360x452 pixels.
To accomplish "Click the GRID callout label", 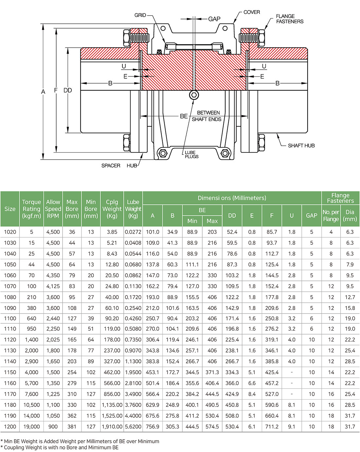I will tap(140, 15).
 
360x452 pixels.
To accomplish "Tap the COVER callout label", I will tap(252, 12).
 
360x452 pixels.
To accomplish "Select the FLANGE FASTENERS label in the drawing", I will tap(289, 19).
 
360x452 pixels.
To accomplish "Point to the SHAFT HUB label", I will tap(301, 146).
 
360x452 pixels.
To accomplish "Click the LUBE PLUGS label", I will tap(191, 154).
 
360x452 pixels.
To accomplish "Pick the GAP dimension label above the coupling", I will tap(214, 19).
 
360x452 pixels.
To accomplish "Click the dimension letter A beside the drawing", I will tap(43, 92).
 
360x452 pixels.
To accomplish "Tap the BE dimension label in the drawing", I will tap(184, 116).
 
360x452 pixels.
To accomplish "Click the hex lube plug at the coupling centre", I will tap(194, 95).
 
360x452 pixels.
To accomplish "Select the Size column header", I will tap(10, 209).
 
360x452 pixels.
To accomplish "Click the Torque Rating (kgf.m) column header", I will tap(31, 209).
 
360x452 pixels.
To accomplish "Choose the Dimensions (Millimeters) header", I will tap(232, 198).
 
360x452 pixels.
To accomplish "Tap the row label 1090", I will tap(10, 308).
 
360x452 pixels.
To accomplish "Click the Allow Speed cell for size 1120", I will tap(53, 340).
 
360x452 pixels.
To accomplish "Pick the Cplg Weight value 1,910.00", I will tap(112, 427).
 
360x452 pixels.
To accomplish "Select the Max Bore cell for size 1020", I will tap(72, 232).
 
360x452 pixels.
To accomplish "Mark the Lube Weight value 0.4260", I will tap(133, 318).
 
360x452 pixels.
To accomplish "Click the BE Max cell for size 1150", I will tap(212, 372).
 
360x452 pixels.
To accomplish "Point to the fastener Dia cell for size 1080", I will tap(350, 297).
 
